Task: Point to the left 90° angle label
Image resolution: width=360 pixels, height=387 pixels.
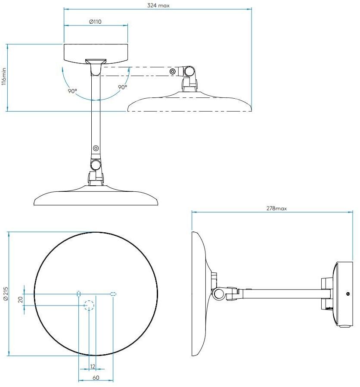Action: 72,91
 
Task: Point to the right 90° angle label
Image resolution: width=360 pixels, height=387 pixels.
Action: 122,87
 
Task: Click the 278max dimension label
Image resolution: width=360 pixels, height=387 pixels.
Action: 276,208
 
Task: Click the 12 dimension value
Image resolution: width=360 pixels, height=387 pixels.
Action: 93,366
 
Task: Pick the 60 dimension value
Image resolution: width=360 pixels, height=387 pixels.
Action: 96,378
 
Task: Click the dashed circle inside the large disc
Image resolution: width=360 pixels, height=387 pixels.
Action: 89,306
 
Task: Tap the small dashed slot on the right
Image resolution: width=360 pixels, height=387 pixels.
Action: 113,294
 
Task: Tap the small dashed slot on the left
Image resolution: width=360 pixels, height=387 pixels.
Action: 78,294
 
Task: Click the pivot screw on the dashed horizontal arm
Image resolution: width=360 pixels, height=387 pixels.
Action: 172,71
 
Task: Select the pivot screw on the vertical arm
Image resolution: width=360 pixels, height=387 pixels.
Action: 96,149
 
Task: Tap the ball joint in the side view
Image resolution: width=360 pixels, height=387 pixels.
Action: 218,294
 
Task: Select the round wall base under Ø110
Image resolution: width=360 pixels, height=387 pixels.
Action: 96,52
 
